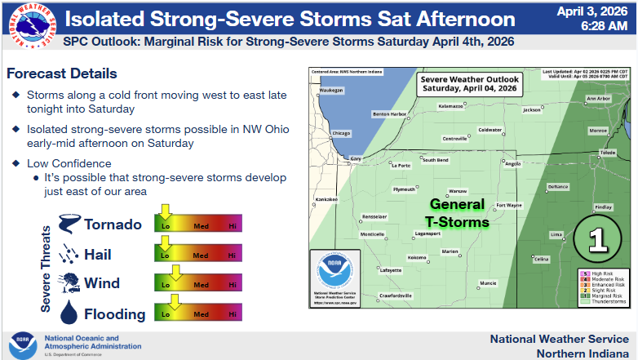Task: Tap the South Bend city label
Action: point(435,160)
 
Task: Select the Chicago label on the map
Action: point(340,133)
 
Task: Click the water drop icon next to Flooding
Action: point(69,313)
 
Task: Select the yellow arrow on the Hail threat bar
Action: point(166,243)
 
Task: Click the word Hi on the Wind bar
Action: point(233,285)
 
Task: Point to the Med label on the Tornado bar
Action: point(199,225)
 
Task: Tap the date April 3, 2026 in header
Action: point(593,12)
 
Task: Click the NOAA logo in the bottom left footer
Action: point(22,344)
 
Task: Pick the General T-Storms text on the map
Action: point(456,213)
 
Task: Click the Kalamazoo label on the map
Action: point(450,106)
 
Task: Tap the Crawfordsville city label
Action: point(397,294)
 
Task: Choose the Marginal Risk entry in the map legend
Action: point(606,296)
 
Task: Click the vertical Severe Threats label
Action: point(47,269)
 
